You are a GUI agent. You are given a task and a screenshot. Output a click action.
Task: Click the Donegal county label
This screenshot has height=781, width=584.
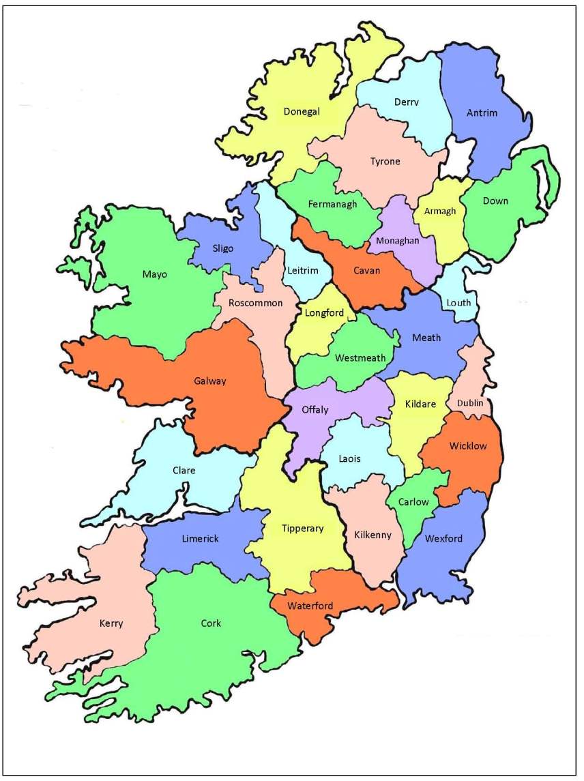coord(302,112)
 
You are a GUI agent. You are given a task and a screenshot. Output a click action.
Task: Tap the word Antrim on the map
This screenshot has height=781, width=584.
coord(482,113)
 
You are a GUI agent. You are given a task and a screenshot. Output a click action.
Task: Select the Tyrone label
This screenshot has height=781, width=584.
coord(385,162)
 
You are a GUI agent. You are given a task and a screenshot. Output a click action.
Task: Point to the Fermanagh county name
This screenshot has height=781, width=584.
coord(332,204)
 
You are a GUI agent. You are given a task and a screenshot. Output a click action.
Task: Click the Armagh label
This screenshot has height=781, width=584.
coord(439,211)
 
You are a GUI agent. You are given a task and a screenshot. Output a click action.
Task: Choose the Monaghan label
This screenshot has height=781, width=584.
coord(398,240)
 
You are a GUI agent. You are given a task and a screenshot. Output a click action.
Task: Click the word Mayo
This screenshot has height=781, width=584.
coord(154,274)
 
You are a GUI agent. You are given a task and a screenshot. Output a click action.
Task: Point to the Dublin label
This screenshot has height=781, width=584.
coord(470,402)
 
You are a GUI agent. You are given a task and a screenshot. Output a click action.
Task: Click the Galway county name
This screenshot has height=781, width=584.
coord(209,381)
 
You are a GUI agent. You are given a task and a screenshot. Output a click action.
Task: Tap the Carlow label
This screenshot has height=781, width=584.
coord(413,502)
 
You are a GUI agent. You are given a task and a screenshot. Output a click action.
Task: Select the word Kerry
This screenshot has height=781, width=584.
coord(111,623)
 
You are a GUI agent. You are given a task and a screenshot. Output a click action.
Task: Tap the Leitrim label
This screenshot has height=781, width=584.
coord(302,271)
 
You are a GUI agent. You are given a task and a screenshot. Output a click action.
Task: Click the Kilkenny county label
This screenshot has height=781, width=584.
coord(373,535)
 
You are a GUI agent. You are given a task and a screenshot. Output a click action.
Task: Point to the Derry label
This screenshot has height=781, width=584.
coord(407,102)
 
